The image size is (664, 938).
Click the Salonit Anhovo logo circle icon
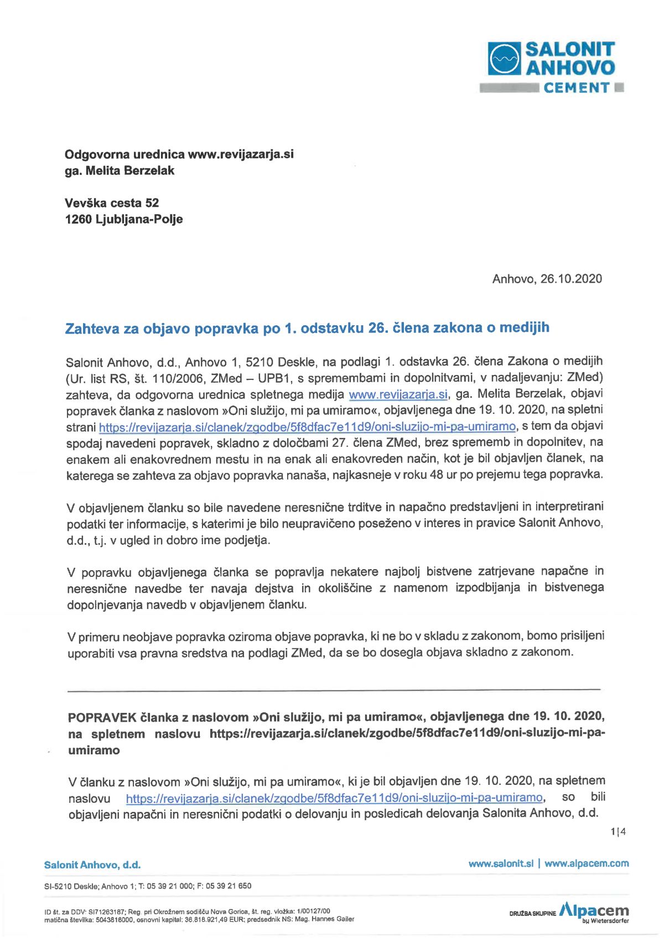tap(504, 59)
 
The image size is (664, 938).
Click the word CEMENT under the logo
tap(576, 88)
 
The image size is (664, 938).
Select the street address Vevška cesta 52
tap(112, 203)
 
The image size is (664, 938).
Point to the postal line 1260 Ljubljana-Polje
tap(124, 219)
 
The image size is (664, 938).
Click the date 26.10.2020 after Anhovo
tap(571, 279)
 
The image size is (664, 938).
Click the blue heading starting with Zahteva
tap(307, 328)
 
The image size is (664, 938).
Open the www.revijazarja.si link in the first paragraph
tap(398, 394)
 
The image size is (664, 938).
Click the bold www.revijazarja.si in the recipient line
tap(241, 154)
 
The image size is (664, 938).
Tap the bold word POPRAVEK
tap(102, 718)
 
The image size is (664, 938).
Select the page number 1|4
tap(618, 832)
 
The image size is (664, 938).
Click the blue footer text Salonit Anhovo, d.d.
tap(92, 865)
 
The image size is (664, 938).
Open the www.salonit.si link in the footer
tap(501, 864)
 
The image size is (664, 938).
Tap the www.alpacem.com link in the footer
tap(587, 864)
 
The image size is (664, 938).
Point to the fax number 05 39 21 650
tap(228, 886)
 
